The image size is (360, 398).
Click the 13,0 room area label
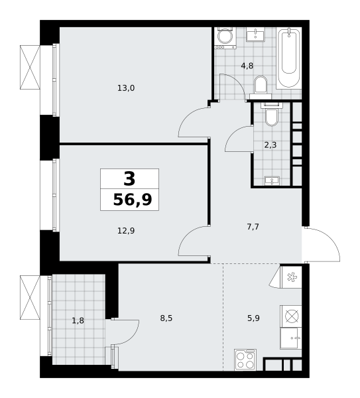tap(126, 88)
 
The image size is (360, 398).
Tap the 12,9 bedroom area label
tap(126, 231)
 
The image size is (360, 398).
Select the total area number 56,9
tap(133, 200)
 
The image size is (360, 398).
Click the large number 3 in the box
tap(130, 178)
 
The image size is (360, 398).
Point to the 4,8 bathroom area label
tap(247, 66)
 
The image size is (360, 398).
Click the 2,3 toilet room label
tap(270, 145)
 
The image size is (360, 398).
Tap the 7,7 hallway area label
tap(253, 227)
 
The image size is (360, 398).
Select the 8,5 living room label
tap(166, 318)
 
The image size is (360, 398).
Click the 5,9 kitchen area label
tap(253, 318)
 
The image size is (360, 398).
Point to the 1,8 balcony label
tap(78, 321)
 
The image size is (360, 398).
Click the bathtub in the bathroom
tap(288, 58)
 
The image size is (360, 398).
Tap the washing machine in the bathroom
tap(225, 38)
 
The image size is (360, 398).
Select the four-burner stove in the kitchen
tap(245, 360)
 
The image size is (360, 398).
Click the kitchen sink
tap(291, 338)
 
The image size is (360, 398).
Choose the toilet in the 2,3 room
tap(271, 115)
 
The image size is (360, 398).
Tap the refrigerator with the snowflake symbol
tap(291, 277)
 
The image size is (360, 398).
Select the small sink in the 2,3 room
tap(272, 180)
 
